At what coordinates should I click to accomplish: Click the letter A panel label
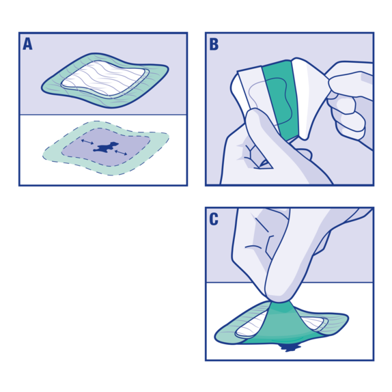pyautogui.click(x=27, y=44)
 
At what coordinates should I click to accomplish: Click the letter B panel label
pyautogui.click(x=214, y=44)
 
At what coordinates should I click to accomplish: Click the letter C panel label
pyautogui.click(x=214, y=219)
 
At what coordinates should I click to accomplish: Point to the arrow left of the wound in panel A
pyautogui.click(x=87, y=141)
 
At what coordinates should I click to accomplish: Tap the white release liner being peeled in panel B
pyautogui.click(x=311, y=102)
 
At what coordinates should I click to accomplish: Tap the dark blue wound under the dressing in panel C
pyautogui.click(x=290, y=348)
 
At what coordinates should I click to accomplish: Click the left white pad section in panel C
pyautogui.click(x=250, y=330)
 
